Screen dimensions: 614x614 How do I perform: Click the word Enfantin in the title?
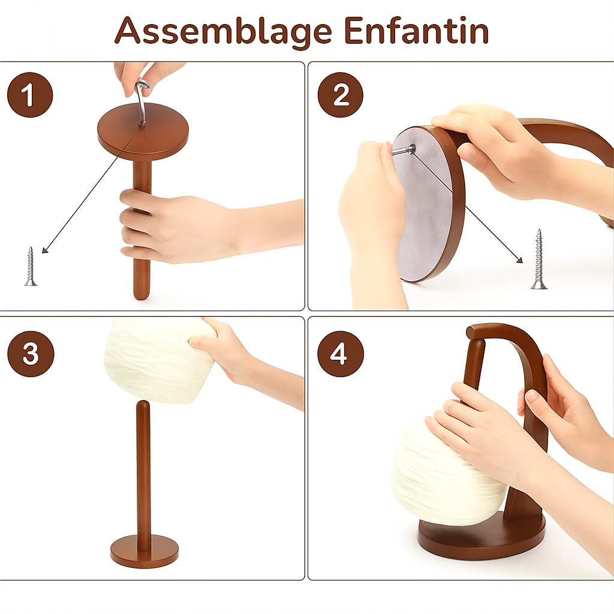(417, 30)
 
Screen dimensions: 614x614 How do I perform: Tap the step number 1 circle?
(30, 95)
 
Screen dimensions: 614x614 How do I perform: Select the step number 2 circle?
(341, 95)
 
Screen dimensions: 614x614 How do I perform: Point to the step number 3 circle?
(31, 354)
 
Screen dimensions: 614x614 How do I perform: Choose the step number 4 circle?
(341, 354)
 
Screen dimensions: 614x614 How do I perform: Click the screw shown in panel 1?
(30, 266)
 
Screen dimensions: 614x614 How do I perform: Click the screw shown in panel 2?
(539, 259)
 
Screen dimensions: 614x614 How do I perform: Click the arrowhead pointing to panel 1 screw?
(44, 250)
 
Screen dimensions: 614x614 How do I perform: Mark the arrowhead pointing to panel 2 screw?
(520, 260)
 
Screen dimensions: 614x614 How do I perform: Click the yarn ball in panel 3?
(161, 361)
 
